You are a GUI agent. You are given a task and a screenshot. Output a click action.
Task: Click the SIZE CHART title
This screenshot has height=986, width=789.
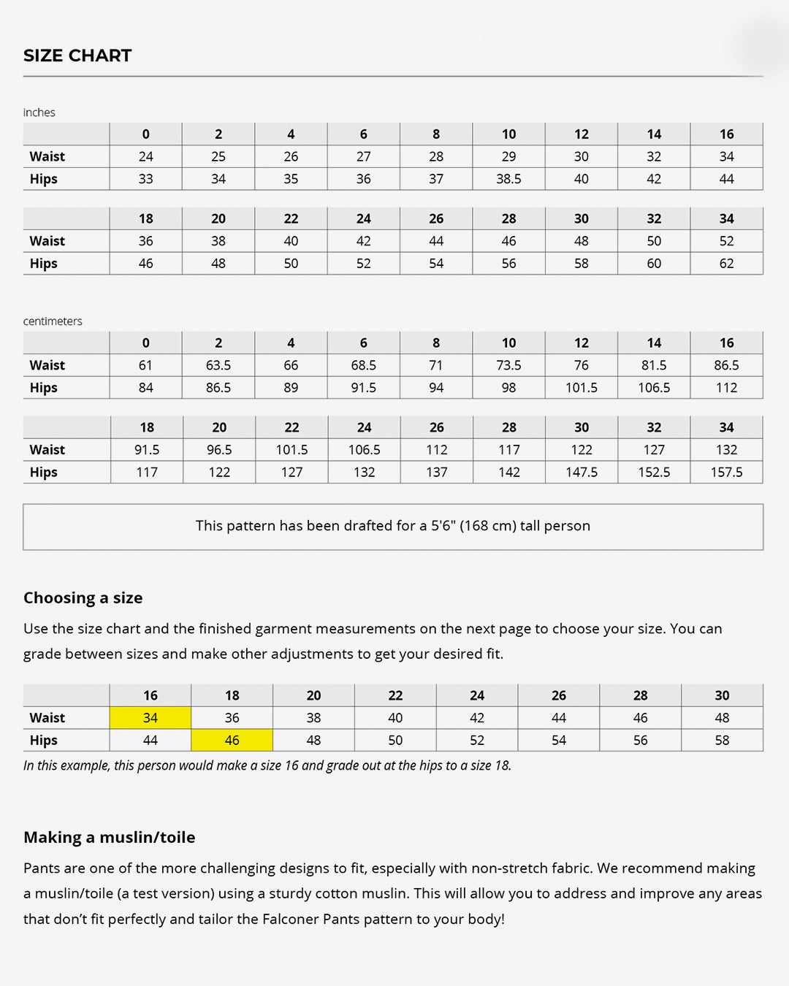[77, 56]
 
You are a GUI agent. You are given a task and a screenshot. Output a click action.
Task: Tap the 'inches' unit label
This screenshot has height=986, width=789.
[39, 112]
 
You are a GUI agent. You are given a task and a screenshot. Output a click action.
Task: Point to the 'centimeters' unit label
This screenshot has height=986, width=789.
[53, 321]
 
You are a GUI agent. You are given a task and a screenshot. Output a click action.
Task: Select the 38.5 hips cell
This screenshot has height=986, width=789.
[508, 179]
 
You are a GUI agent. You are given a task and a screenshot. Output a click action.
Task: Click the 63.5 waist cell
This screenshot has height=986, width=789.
[218, 365]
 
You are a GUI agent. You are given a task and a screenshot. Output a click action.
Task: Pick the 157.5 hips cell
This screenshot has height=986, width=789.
[726, 473]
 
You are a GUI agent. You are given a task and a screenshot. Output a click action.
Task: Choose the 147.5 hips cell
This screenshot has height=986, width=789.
[582, 473]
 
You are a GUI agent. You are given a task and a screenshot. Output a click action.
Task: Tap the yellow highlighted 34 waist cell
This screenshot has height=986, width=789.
[150, 718]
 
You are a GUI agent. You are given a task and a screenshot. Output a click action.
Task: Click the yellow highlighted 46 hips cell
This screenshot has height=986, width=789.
[232, 741]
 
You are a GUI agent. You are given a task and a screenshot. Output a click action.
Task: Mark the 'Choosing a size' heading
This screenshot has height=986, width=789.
[83, 598]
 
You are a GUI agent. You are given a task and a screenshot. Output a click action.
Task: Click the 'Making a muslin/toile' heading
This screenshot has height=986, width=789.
[110, 838]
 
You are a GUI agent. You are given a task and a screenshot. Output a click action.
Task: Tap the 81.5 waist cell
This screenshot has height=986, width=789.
[654, 365]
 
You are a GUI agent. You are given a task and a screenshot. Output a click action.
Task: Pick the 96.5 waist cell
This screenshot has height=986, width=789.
[219, 450]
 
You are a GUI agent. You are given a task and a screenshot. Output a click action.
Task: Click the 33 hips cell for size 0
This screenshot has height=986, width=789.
[146, 179]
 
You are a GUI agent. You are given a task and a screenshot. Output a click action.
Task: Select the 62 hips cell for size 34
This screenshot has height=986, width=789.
[726, 264]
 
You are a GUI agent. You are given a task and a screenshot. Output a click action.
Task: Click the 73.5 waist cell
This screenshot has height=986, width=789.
[508, 365]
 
